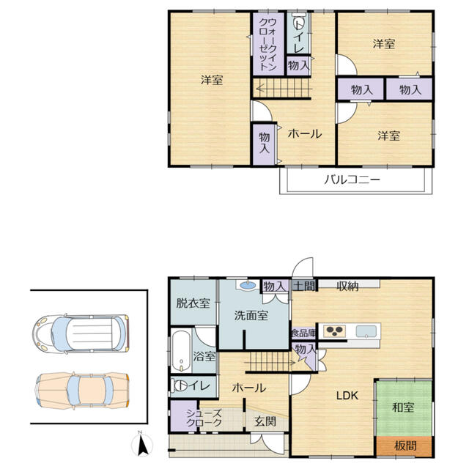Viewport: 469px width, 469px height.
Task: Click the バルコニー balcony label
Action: tap(352, 180)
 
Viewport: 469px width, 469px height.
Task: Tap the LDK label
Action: tap(347, 396)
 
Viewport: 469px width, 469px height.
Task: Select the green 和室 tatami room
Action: tap(404, 408)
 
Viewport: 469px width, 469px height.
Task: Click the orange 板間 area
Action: tap(404, 446)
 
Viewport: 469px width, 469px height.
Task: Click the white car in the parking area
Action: tap(81, 333)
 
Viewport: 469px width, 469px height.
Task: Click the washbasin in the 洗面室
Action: tap(248, 285)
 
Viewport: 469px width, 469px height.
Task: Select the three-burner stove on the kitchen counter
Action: tap(335, 330)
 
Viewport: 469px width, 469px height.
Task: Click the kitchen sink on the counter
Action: tap(366, 331)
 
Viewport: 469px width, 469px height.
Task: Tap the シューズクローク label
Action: tap(204, 418)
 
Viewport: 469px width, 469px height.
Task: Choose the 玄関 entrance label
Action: tap(265, 421)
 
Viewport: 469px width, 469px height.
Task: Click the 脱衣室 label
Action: tap(193, 303)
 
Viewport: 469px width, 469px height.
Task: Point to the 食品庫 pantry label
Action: tap(303, 333)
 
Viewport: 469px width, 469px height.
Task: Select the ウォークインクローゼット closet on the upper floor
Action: tap(268, 44)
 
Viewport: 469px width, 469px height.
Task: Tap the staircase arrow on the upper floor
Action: tap(284, 89)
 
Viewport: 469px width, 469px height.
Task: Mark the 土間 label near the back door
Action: tap(304, 286)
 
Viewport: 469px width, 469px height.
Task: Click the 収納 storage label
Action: tap(347, 287)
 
